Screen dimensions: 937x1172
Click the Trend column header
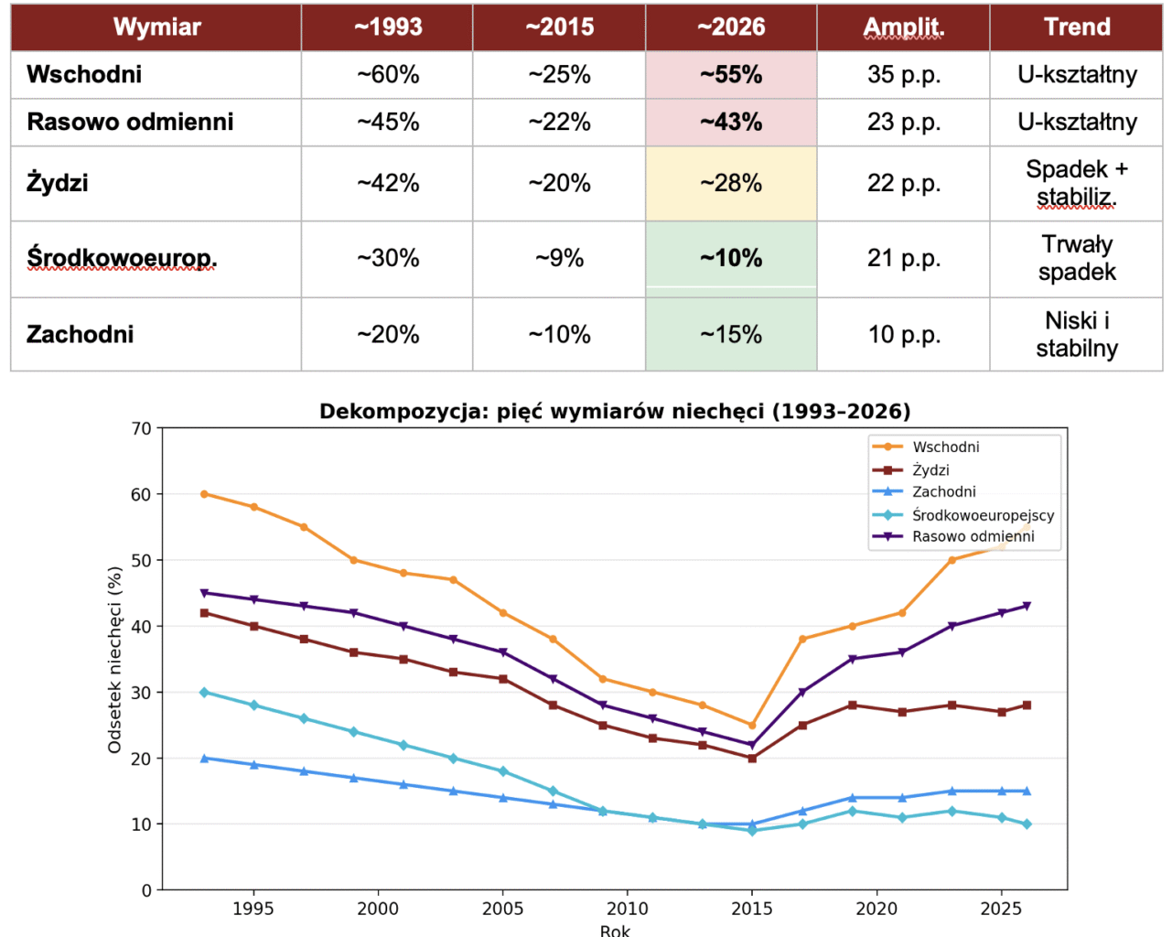(x=1077, y=27)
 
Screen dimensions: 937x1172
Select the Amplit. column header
(x=903, y=27)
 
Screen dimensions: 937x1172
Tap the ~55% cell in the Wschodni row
(x=731, y=75)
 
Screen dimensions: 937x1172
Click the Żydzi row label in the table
(x=58, y=183)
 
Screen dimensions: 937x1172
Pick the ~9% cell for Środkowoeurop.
(x=559, y=259)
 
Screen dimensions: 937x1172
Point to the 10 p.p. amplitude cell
(x=903, y=335)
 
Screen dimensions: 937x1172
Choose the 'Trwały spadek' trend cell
(x=1077, y=259)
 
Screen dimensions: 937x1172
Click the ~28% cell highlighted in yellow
(x=731, y=184)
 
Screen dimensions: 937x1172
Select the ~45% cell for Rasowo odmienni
(x=388, y=123)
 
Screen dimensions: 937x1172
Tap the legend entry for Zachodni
(x=943, y=492)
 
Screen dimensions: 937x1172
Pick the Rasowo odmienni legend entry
(x=973, y=537)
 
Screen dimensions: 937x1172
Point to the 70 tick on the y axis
(x=141, y=428)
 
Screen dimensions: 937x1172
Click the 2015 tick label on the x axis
(x=752, y=910)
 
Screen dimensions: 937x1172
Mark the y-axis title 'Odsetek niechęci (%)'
(x=115, y=660)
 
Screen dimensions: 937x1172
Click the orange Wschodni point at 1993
(x=204, y=494)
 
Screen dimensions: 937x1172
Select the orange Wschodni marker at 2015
(x=752, y=726)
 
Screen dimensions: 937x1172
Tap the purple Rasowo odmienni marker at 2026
(x=1027, y=607)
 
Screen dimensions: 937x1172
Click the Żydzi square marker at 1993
(x=204, y=613)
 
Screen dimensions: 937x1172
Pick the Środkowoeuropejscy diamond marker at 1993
(x=204, y=693)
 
